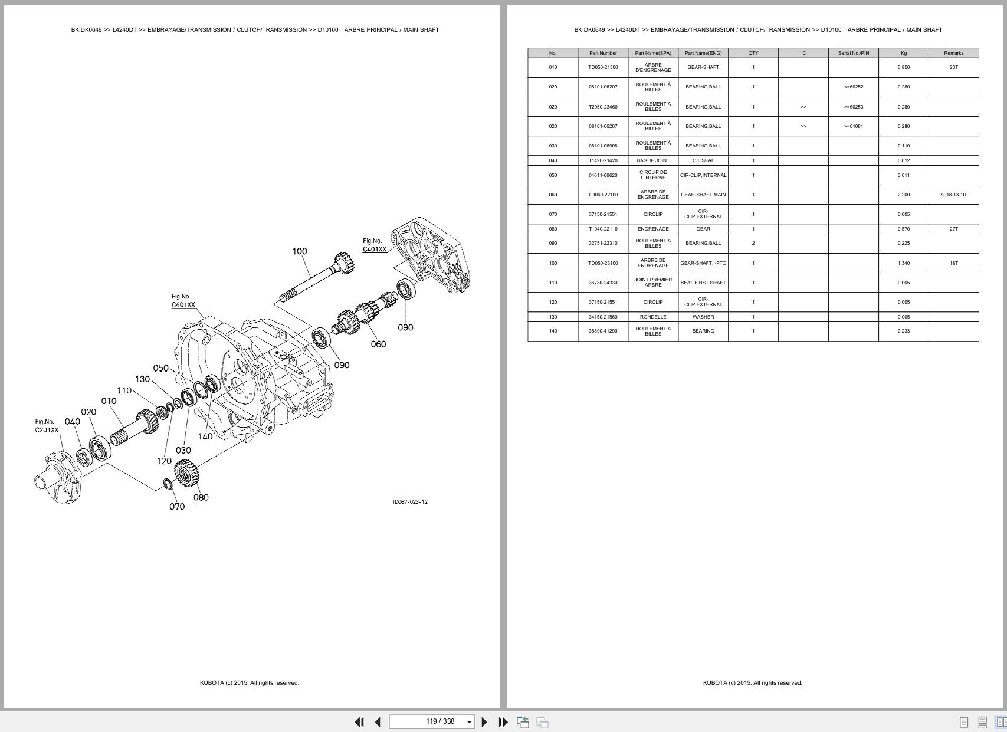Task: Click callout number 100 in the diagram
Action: coord(300,251)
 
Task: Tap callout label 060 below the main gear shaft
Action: coord(378,344)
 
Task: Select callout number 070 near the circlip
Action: coord(177,507)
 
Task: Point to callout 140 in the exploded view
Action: coord(205,436)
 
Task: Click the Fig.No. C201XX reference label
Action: coord(47,426)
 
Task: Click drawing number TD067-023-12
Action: coord(409,502)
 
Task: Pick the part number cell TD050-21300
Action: coord(603,67)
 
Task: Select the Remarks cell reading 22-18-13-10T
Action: coord(953,195)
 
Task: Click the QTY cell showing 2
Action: coord(753,243)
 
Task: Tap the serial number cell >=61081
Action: coord(853,126)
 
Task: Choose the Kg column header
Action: coord(903,53)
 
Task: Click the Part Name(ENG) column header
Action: coord(703,53)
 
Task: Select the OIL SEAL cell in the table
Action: coord(703,160)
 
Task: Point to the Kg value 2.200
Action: coord(903,195)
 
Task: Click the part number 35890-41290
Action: coord(603,331)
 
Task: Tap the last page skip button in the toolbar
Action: coord(503,722)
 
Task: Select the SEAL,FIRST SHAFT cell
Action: coord(703,283)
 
